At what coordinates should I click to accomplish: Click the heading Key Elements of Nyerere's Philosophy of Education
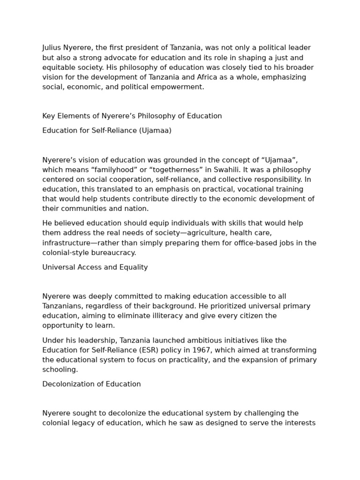pos(132,116)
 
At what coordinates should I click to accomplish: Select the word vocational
pos(257,189)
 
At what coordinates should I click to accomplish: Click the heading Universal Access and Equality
pos(95,268)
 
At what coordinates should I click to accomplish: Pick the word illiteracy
pos(167,316)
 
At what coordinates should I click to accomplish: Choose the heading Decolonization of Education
pos(91,384)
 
